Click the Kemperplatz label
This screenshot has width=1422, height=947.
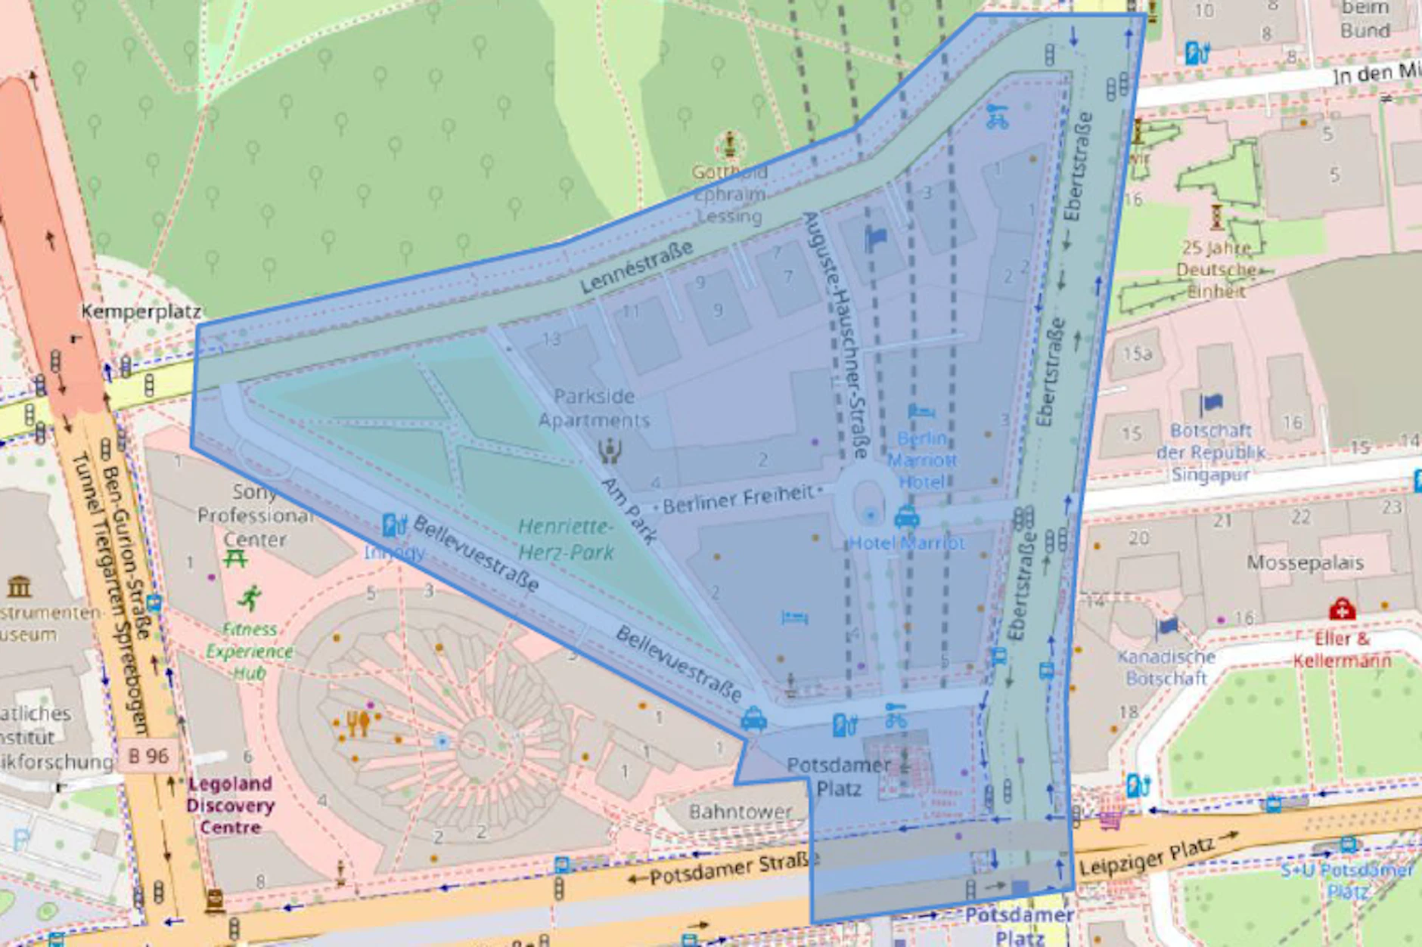(141, 311)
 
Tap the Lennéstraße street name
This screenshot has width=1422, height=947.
(636, 268)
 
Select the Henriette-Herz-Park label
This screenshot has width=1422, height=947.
(566, 540)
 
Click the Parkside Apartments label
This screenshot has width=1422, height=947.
(595, 408)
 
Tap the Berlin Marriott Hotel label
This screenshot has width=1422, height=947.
(921, 460)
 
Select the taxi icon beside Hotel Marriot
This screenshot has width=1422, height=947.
(906, 518)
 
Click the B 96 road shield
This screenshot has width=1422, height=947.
(148, 755)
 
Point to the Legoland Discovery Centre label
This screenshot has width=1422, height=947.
(230, 805)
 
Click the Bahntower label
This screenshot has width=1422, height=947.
(740, 812)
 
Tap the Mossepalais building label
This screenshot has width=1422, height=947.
(1305, 562)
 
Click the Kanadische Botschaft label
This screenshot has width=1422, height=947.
(1166, 667)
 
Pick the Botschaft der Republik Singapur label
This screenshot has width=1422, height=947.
(1210, 452)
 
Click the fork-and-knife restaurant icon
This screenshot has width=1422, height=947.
(358, 723)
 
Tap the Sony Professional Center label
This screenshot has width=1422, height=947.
(254, 515)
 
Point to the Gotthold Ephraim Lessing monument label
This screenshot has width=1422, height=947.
(729, 194)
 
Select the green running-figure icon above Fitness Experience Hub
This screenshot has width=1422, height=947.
(249, 598)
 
